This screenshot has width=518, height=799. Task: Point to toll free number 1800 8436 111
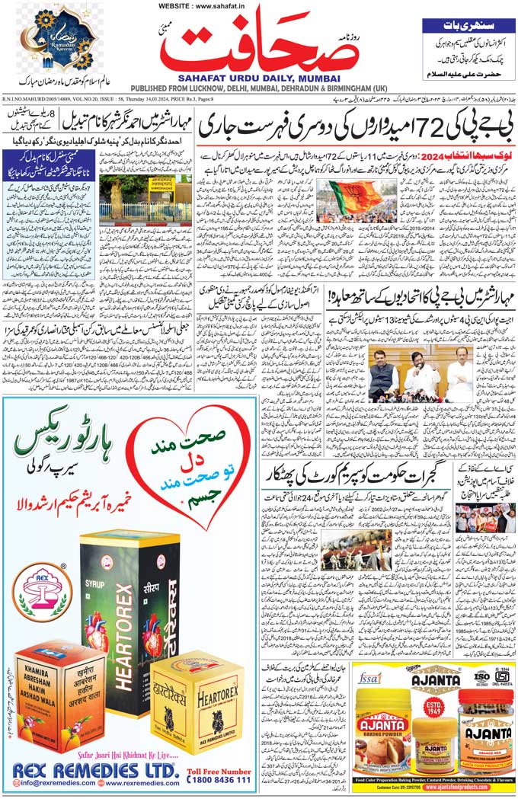click(219, 779)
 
